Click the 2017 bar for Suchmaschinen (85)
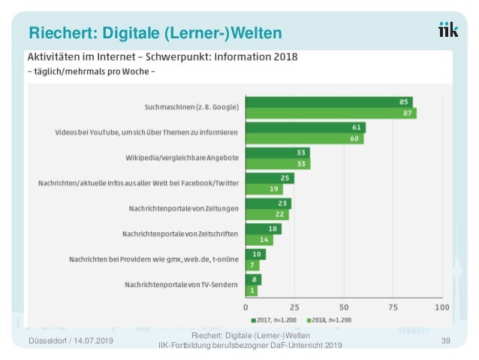tap(329, 102)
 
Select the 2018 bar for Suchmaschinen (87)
tap(331, 113)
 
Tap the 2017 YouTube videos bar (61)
tap(306, 128)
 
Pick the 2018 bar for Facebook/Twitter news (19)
tap(264, 189)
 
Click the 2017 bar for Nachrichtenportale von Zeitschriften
tap(264, 229)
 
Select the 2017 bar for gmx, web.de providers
tap(256, 255)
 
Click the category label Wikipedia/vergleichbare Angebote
tap(182, 158)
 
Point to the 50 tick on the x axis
tap(344, 307)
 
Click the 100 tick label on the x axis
tap(441, 307)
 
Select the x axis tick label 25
tap(295, 307)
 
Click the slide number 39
tap(445, 341)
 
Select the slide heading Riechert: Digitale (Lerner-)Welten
tap(155, 33)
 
